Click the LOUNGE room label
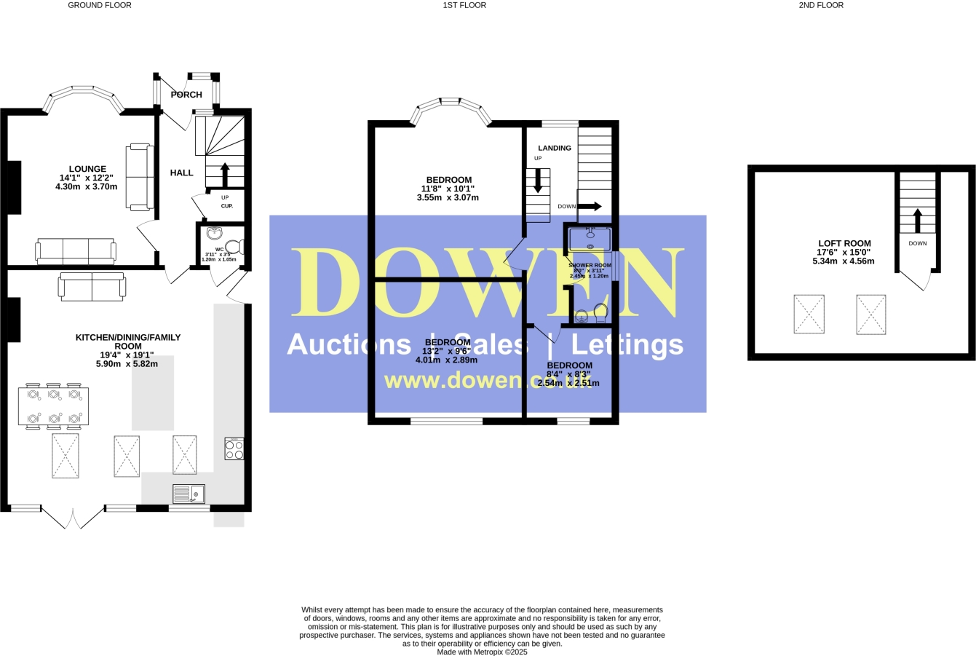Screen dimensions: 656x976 87,169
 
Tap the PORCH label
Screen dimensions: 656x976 186,95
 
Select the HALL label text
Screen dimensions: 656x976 181,173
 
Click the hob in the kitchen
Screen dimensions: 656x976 234,448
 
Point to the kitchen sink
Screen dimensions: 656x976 190,494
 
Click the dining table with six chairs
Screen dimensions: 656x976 54,406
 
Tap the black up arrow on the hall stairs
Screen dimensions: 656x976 224,175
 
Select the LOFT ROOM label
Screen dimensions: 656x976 844,243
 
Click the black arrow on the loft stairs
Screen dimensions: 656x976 917,220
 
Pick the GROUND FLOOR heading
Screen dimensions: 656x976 100,5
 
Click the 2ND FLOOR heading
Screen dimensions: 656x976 821,5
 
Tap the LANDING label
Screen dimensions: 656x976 555,148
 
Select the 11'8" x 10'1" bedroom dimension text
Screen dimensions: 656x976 448,189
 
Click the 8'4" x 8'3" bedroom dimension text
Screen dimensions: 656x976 570,374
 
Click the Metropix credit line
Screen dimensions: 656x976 482,652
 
